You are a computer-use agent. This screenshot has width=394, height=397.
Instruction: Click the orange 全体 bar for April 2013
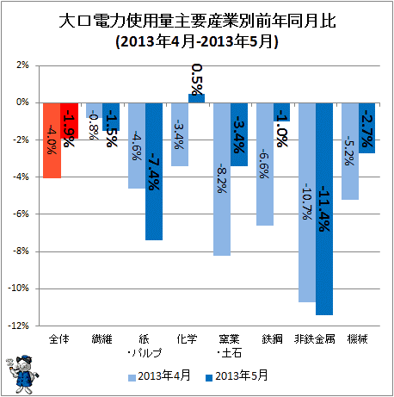pyautogui.click(x=52, y=140)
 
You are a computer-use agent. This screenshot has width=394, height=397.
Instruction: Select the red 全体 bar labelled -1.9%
pyautogui.click(x=70, y=121)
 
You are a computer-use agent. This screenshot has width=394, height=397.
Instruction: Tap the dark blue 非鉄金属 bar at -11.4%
pyautogui.click(x=324, y=209)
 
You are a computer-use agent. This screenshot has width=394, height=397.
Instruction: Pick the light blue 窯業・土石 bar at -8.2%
pyautogui.click(x=222, y=179)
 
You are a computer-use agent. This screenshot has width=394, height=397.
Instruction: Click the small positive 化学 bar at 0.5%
pyautogui.click(x=196, y=98)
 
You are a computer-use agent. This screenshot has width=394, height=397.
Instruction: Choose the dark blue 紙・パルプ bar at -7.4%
pyautogui.click(x=154, y=171)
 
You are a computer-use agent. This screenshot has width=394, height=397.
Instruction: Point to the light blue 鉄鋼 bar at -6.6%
pyautogui.click(x=265, y=164)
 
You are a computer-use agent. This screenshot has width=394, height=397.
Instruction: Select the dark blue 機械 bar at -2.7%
pyautogui.click(x=366, y=128)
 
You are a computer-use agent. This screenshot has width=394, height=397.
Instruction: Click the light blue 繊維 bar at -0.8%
pyautogui.click(x=95, y=110)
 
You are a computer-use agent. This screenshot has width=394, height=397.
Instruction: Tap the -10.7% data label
pyautogui.click(x=307, y=202)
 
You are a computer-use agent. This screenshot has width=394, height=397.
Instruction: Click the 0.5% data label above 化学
pyautogui.click(x=197, y=79)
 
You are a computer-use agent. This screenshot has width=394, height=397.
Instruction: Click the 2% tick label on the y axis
pyautogui.click(x=22, y=65)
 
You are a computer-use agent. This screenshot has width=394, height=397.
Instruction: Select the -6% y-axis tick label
pyautogui.click(x=21, y=214)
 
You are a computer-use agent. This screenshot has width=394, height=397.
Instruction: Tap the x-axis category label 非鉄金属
pyautogui.click(x=315, y=339)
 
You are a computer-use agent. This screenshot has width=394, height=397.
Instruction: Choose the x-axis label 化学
pyautogui.click(x=187, y=339)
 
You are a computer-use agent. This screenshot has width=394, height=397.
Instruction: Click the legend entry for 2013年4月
pyautogui.click(x=159, y=375)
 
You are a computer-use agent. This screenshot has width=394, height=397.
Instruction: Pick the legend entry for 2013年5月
pyautogui.click(x=237, y=375)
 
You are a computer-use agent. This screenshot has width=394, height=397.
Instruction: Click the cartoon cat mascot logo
pyautogui.click(x=22, y=375)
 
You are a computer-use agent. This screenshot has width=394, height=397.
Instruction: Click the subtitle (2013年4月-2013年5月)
pyautogui.click(x=197, y=42)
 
